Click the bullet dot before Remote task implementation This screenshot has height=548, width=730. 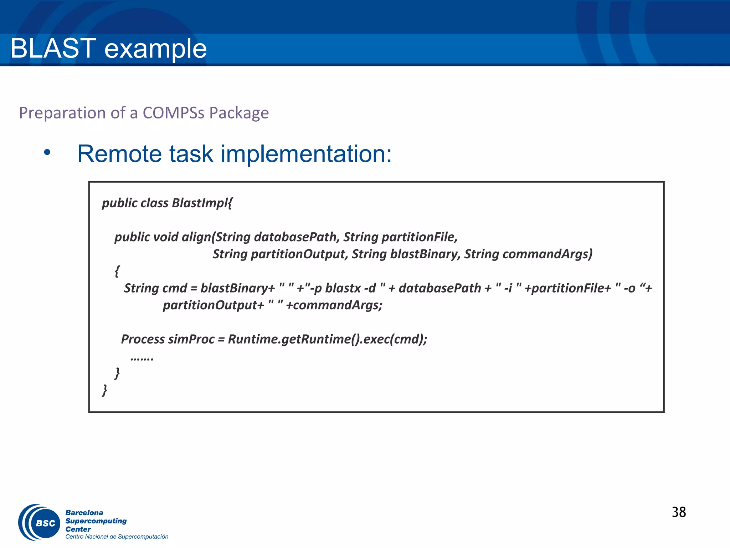tap(47, 153)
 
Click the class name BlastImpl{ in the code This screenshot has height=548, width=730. tap(202, 203)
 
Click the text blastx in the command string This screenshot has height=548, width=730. tap(343, 288)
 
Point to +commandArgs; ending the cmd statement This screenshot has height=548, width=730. tap(334, 305)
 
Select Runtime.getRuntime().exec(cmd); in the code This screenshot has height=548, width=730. tap(327, 339)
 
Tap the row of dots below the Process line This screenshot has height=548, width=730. tap(142, 358)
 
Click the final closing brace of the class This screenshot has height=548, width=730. tap(104, 390)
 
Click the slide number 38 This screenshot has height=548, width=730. tap(678, 512)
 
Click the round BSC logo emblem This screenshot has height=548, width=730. tap(40, 522)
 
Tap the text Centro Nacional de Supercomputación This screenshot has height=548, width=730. tap(117, 537)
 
